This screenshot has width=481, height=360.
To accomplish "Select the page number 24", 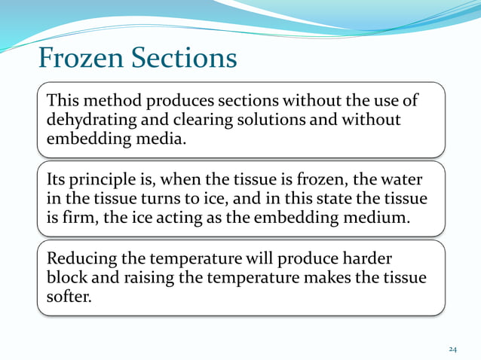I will click(x=453, y=349).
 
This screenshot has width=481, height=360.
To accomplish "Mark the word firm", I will click(x=82, y=218).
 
